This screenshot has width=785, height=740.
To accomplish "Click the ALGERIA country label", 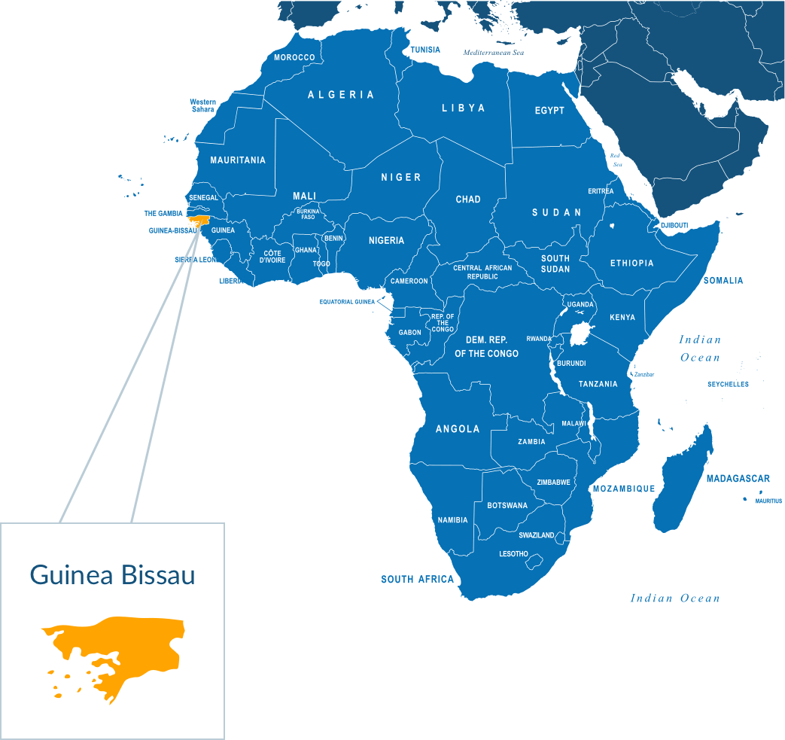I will pyautogui.click(x=341, y=95).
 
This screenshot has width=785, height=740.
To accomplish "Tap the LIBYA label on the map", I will pyautogui.click(x=463, y=108).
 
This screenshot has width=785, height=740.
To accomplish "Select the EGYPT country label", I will pyautogui.click(x=549, y=111).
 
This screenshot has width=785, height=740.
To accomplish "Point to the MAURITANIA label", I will pyautogui.click(x=238, y=160).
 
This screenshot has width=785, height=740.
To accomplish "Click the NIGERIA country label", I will pyautogui.click(x=386, y=241).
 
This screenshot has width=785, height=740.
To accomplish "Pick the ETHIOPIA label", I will pyautogui.click(x=631, y=263).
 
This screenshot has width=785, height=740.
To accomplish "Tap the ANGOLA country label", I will pyautogui.click(x=458, y=429).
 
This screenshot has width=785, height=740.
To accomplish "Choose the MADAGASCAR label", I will pyautogui.click(x=738, y=479).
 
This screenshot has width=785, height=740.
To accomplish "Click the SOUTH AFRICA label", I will pyautogui.click(x=417, y=580).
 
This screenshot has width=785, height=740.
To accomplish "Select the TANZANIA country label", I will pyautogui.click(x=598, y=385).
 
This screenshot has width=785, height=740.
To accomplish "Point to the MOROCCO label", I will pyautogui.click(x=294, y=58).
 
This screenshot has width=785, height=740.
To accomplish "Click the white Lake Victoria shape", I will pyautogui.click(x=580, y=333).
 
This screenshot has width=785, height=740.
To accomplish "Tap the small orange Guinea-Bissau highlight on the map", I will pyautogui.click(x=199, y=221).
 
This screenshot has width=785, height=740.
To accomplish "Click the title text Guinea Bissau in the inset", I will pyautogui.click(x=112, y=575).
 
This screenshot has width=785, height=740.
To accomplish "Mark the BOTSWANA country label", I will pyautogui.click(x=507, y=506).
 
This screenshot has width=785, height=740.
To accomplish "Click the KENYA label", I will pyautogui.click(x=622, y=318).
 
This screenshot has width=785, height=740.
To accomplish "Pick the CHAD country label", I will pyautogui.click(x=468, y=199).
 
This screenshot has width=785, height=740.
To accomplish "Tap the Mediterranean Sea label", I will pyautogui.click(x=493, y=53).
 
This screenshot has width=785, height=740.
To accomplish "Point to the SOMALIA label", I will pyautogui.click(x=723, y=281).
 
